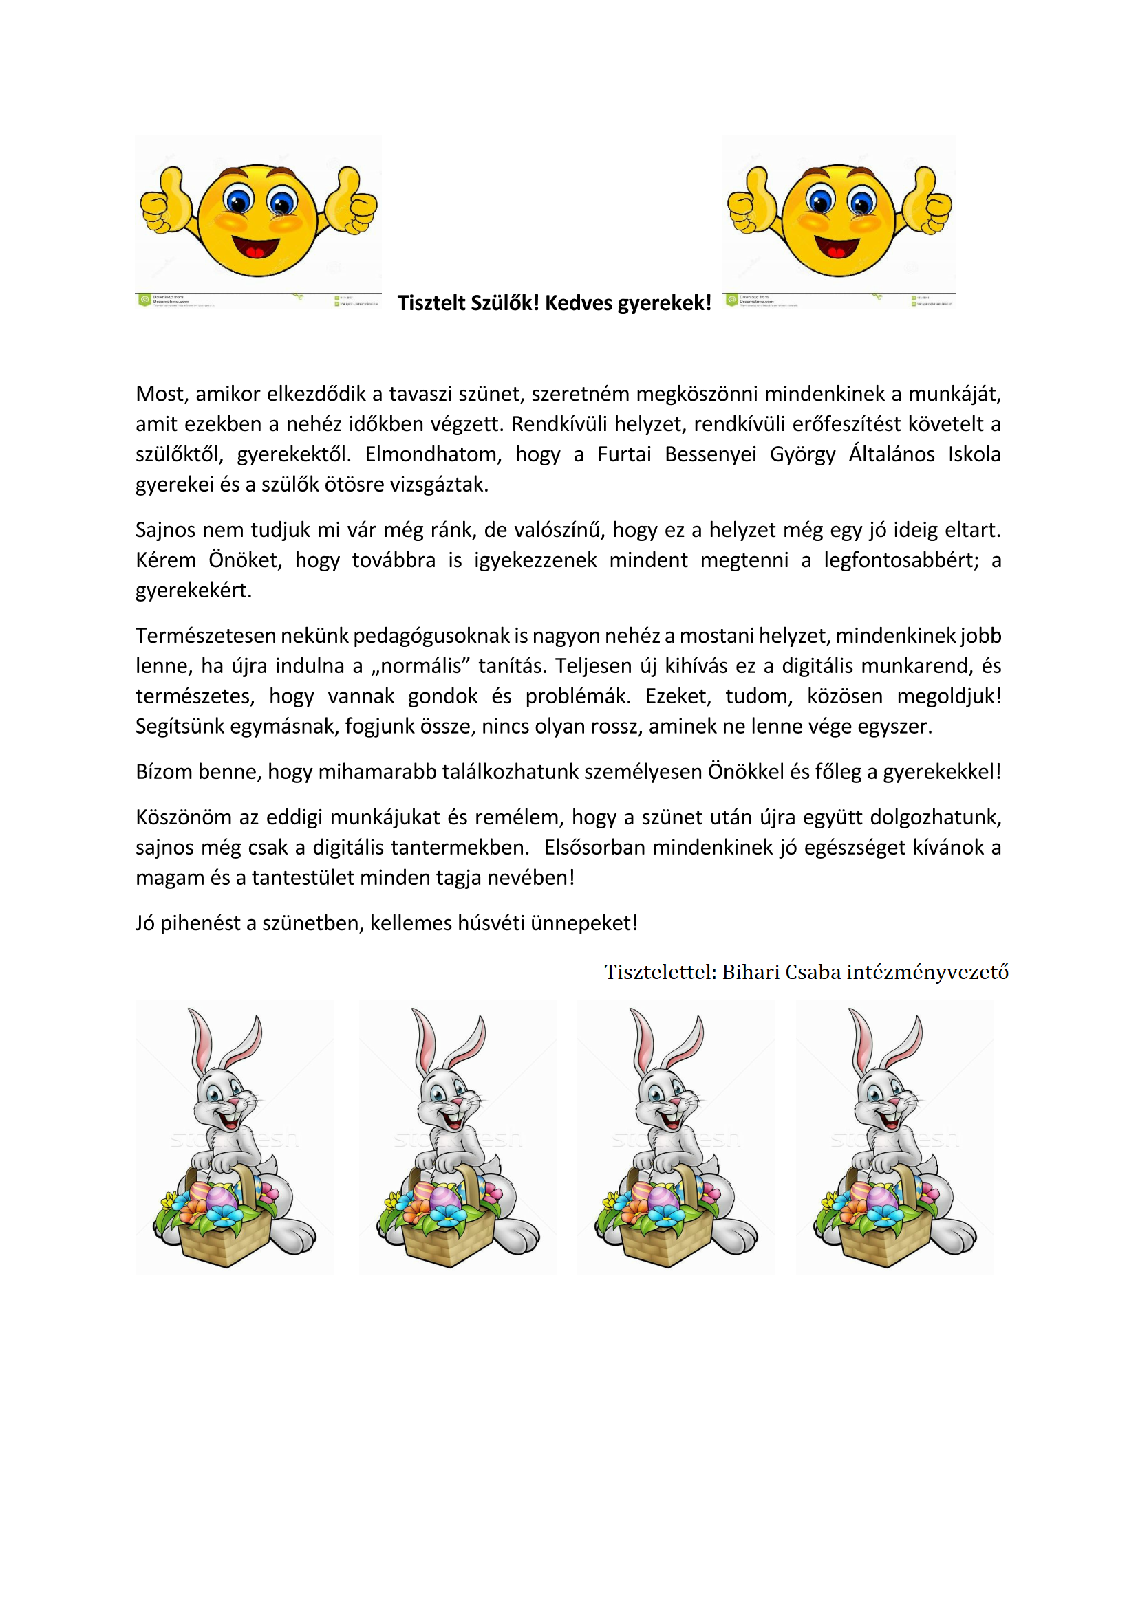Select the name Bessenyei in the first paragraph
click(x=710, y=454)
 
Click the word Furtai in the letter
click(x=623, y=454)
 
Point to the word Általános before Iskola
click(x=891, y=454)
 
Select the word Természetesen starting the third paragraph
click(x=205, y=636)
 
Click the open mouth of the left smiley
click(x=255, y=248)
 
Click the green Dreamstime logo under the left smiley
click(x=145, y=300)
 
